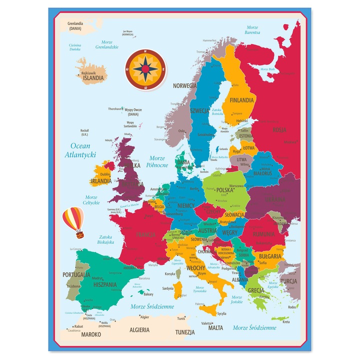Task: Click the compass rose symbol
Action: (146, 69)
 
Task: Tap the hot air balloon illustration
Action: (73, 222)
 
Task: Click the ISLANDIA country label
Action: (93, 78)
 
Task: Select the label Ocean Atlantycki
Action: (82, 149)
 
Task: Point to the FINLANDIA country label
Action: (242, 100)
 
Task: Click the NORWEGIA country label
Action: (184, 85)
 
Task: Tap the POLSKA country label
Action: (225, 190)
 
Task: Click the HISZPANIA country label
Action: (105, 284)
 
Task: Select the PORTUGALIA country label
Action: (76, 274)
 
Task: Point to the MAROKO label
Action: (91, 334)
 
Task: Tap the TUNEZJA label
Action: (184, 332)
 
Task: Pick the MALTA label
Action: (215, 328)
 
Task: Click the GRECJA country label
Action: (256, 290)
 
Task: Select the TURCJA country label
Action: (288, 281)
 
